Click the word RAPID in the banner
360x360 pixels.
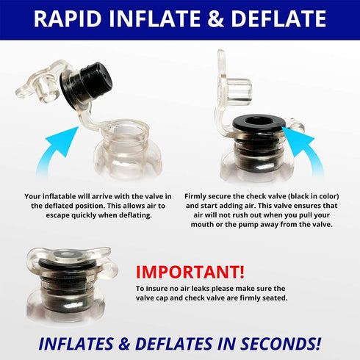tap(68, 18)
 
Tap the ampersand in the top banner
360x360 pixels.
tap(215, 18)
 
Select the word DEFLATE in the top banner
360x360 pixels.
tap(278, 18)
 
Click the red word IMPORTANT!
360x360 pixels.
tap(190, 272)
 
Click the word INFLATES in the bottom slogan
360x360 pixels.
tap(76, 344)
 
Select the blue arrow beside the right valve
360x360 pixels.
tap(303, 149)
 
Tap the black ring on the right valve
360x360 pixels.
tap(258, 123)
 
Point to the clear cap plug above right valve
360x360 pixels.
tap(237, 90)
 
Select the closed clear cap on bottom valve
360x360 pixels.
tap(68, 257)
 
